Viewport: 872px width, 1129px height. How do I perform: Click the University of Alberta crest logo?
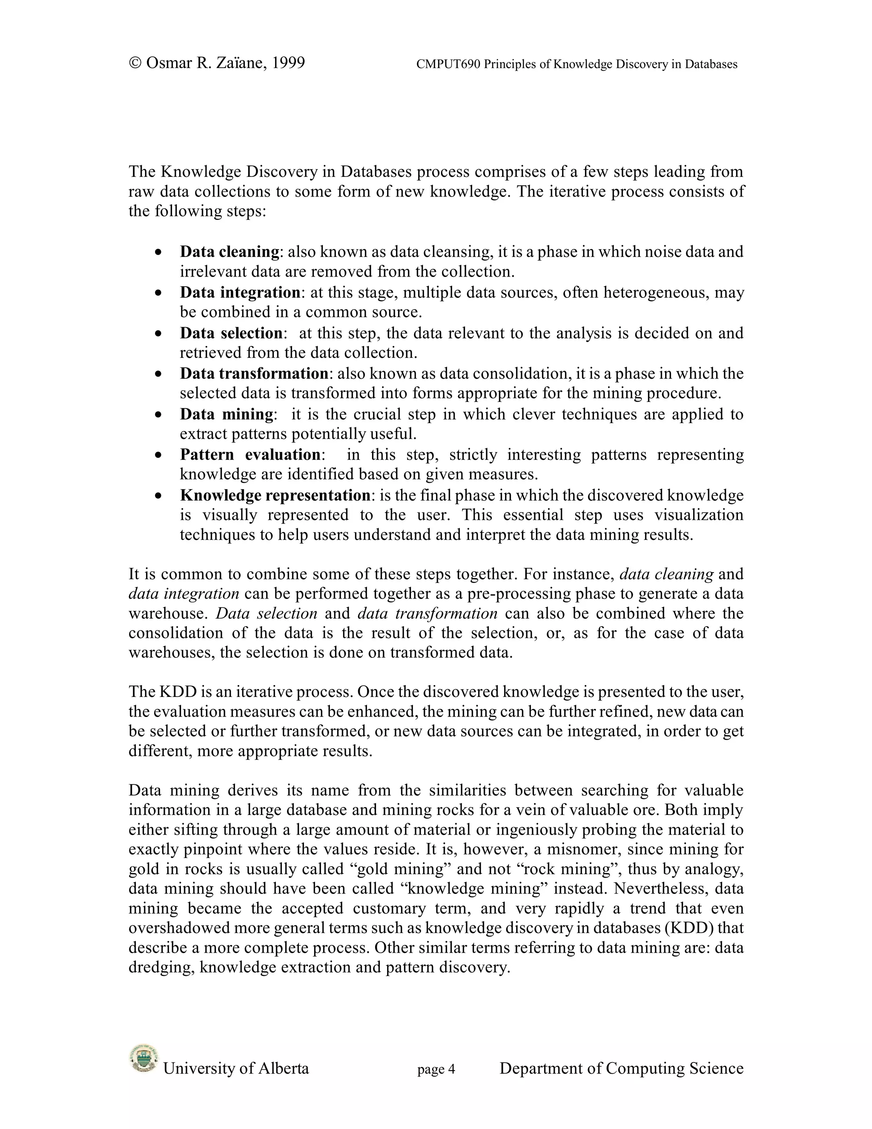pos(143,1058)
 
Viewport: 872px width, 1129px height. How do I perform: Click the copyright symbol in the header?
pos(135,63)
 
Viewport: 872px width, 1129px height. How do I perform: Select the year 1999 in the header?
pos(288,63)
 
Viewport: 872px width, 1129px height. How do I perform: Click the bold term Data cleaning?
pos(229,252)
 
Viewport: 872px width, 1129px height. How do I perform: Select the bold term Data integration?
pos(240,293)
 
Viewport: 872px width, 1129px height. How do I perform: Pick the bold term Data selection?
pos(231,333)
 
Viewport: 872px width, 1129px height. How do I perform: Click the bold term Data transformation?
pos(254,373)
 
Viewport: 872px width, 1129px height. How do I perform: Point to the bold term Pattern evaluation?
pos(250,455)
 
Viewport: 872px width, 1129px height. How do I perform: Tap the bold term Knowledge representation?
pos(275,495)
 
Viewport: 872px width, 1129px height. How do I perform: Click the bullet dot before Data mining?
pos(158,415)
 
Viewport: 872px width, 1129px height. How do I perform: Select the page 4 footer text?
pos(436,1069)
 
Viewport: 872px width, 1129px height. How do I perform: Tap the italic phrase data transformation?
pos(427,613)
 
